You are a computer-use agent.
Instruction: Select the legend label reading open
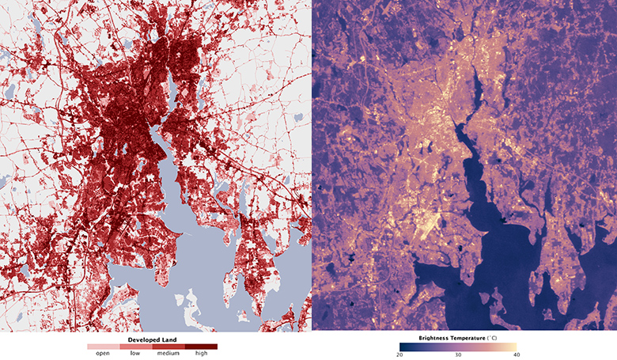tap(103, 353)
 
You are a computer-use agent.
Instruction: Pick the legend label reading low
tap(136, 353)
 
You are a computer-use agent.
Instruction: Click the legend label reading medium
tap(168, 353)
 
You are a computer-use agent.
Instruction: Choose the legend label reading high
tap(201, 353)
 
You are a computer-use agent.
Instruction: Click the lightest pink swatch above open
tap(103, 346)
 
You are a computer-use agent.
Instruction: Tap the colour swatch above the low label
tap(136, 346)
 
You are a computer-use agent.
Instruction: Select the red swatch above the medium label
tap(168, 346)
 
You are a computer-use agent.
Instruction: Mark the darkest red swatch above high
tap(201, 346)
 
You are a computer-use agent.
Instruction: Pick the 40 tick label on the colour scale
tap(517, 354)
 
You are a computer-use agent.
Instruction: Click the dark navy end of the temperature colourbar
tap(403, 346)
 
